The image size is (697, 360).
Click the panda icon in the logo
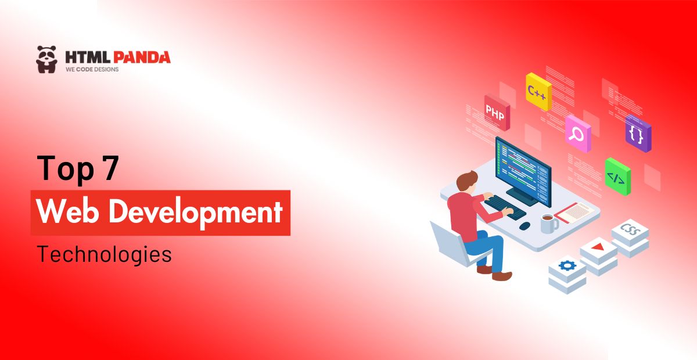click(x=46, y=59)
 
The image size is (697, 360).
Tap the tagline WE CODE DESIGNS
click(x=92, y=70)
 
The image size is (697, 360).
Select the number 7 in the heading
click(x=109, y=168)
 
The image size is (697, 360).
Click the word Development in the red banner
click(x=196, y=213)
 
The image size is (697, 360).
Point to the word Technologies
click(x=105, y=254)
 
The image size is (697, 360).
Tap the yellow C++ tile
click(x=537, y=91)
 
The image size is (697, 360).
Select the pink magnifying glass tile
click(x=577, y=134)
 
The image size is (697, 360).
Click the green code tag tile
click(x=616, y=177)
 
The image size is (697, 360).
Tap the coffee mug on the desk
click(x=547, y=222)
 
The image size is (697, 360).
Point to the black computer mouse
click(x=524, y=225)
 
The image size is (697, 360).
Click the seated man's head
click(x=467, y=182)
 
